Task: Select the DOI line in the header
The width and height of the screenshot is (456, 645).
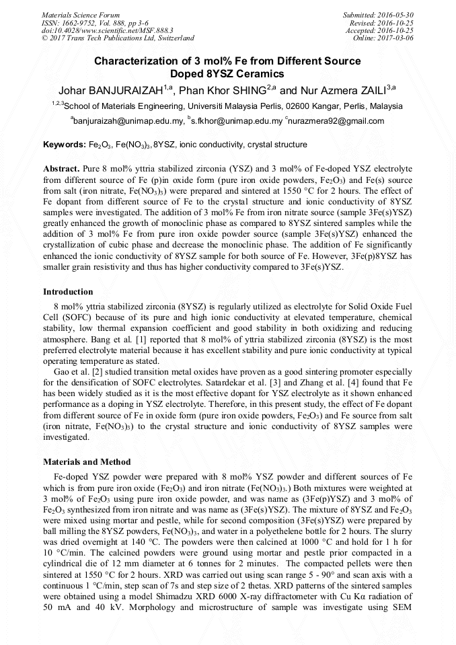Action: (108, 30)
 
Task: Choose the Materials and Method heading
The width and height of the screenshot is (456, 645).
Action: (87, 462)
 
